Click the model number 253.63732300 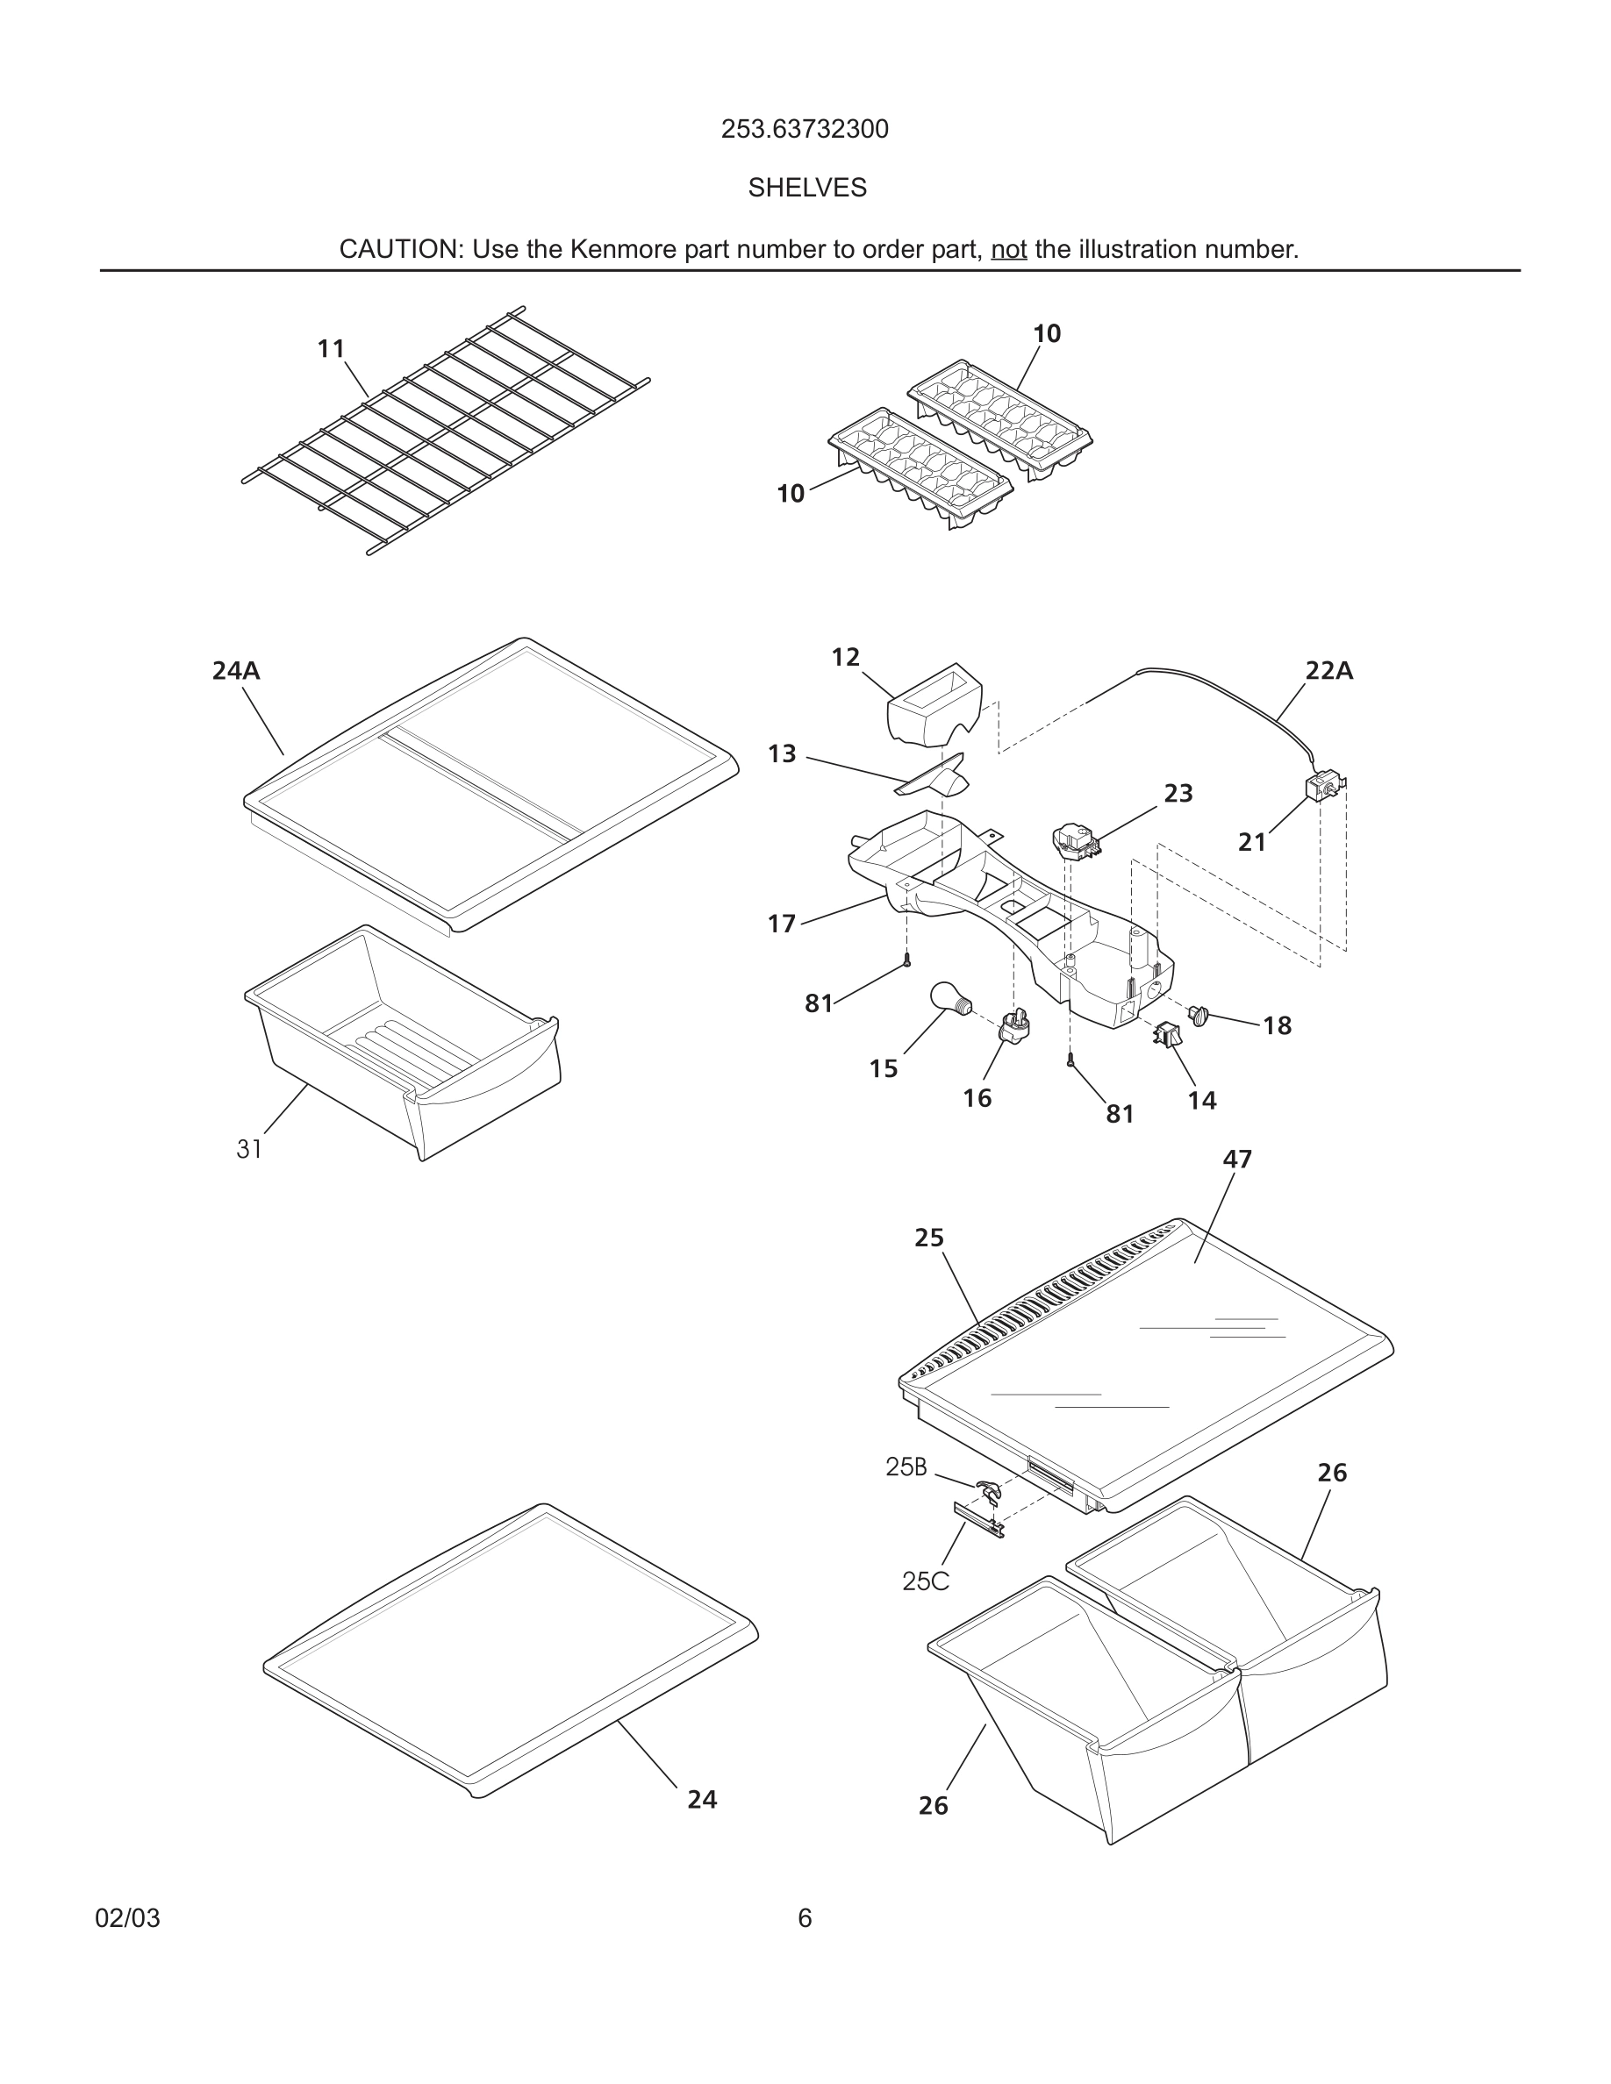pyautogui.click(x=805, y=130)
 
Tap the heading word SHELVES pyautogui.click(x=806, y=188)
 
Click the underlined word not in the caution pyautogui.click(x=1008, y=250)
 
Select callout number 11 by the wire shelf pyautogui.click(x=330, y=349)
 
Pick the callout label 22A pyautogui.click(x=1328, y=671)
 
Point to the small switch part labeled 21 pyautogui.click(x=1323, y=788)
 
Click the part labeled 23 pyautogui.click(x=1075, y=842)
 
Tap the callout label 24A pyautogui.click(x=236, y=671)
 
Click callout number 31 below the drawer pyautogui.click(x=249, y=1150)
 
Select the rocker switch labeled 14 pyautogui.click(x=1167, y=1033)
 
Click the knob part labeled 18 pyautogui.click(x=1199, y=1016)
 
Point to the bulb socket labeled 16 pyautogui.click(x=1014, y=1027)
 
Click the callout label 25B pyautogui.click(x=906, y=1467)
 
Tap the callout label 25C pyautogui.click(x=925, y=1581)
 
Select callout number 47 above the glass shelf pyautogui.click(x=1237, y=1160)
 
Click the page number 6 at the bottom pyautogui.click(x=805, y=1918)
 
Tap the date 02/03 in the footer pyautogui.click(x=127, y=1918)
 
